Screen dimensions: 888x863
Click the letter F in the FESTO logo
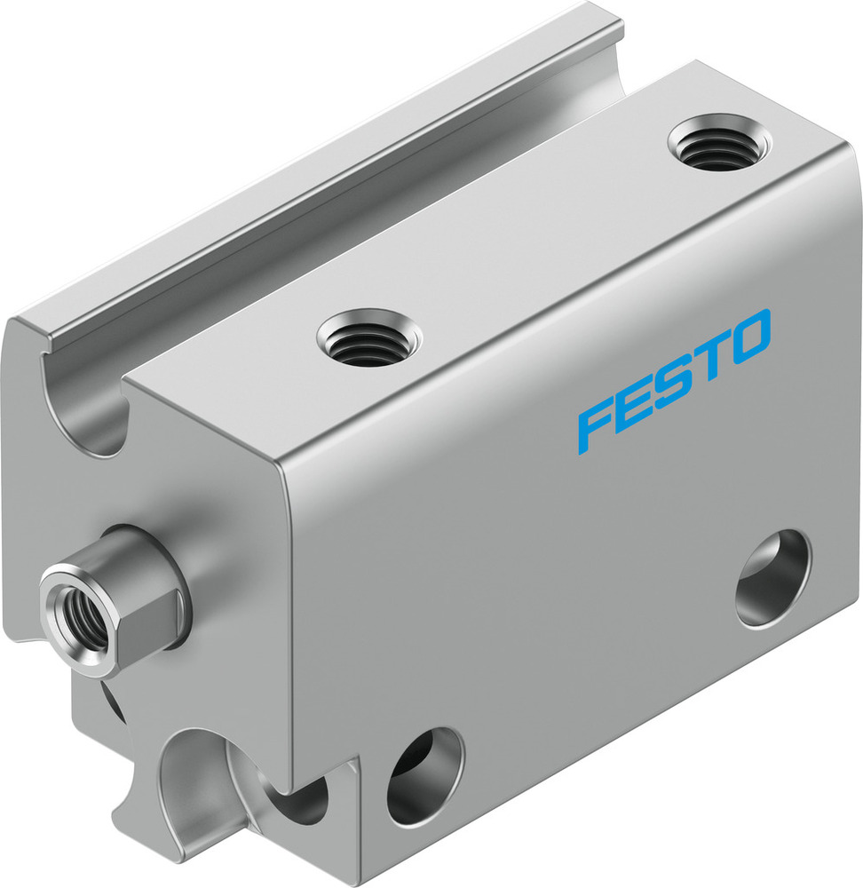pos(597,425)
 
